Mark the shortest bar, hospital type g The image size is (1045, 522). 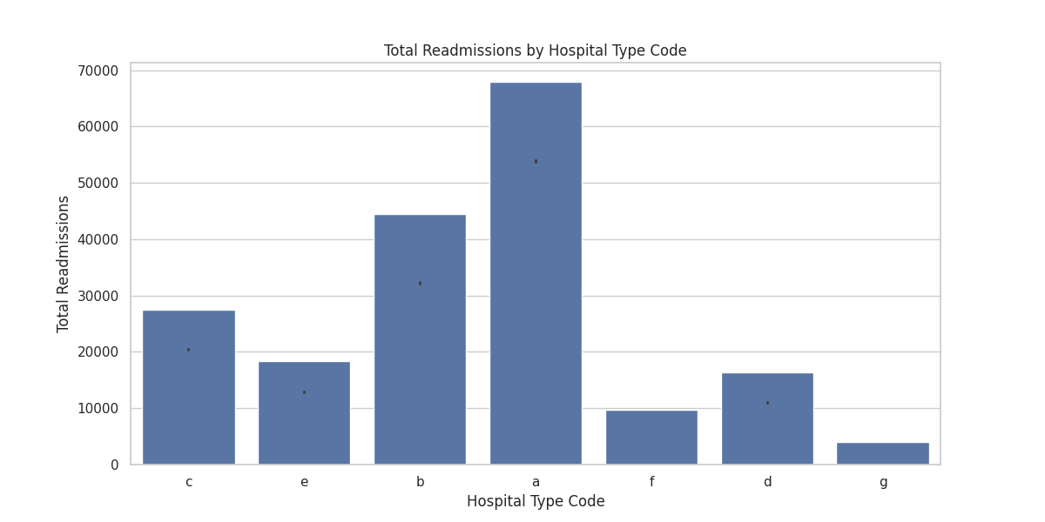click(x=883, y=453)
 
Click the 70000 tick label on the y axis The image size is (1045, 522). click(x=98, y=70)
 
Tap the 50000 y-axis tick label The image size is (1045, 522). click(x=98, y=184)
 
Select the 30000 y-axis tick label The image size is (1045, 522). click(x=98, y=296)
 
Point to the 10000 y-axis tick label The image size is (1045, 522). click(x=98, y=409)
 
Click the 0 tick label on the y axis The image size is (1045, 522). click(x=115, y=465)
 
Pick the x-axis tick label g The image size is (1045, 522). click(x=883, y=482)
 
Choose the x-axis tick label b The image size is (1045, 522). click(x=420, y=482)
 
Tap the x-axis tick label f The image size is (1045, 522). click(x=651, y=482)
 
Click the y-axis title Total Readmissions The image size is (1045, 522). click(x=64, y=264)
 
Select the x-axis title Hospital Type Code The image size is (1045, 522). click(x=536, y=502)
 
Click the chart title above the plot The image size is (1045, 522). click(x=536, y=50)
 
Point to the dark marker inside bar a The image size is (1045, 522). click(x=536, y=161)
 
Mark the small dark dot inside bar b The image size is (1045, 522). click(x=420, y=283)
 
